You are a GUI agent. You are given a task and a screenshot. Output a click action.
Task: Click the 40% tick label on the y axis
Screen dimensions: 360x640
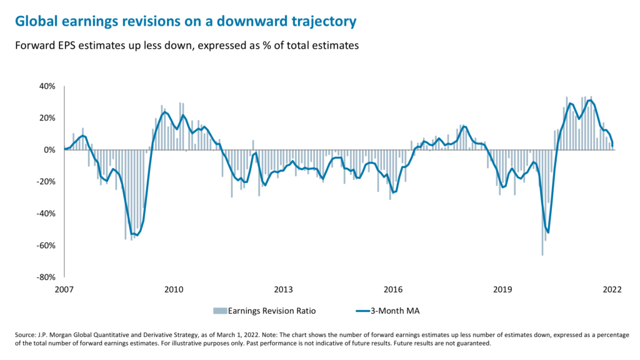coord(49,86)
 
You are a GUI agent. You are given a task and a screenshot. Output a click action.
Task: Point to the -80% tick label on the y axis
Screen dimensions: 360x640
coord(47,277)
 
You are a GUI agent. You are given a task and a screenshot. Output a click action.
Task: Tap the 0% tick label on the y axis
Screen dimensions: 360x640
coord(51,150)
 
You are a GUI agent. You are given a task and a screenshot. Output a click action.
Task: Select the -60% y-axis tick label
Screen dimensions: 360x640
coord(47,245)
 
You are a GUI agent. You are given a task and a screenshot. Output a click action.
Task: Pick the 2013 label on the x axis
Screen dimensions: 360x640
coord(283,289)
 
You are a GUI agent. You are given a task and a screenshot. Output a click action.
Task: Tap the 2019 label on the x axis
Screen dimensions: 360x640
coord(502,289)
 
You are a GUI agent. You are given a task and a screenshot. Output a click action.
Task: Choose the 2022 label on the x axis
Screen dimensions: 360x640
coord(611,289)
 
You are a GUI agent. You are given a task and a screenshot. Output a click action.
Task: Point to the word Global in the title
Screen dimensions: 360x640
coord(37,22)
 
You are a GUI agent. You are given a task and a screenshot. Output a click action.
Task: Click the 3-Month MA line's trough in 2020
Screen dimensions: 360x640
coord(548,232)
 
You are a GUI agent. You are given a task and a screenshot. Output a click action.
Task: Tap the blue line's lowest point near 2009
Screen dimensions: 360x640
coord(136,236)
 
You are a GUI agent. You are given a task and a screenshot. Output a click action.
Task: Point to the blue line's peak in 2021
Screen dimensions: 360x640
coord(589,100)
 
